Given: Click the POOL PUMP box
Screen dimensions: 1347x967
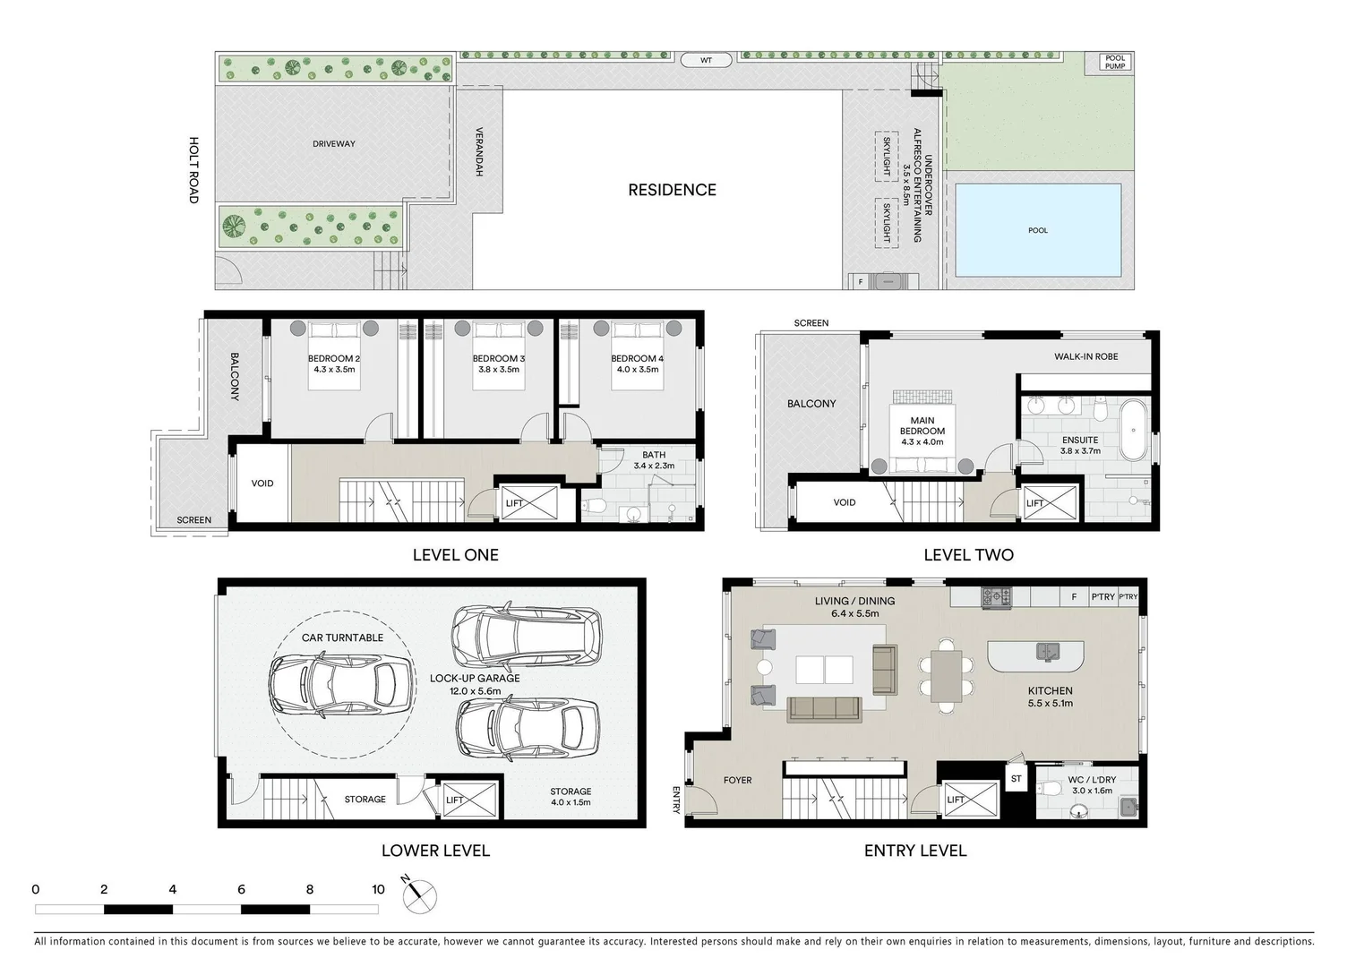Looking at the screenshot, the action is pyautogui.click(x=1115, y=62).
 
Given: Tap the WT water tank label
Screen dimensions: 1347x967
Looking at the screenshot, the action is pyautogui.click(x=706, y=60).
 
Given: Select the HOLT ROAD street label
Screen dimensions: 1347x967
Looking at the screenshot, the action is pyautogui.click(x=193, y=170).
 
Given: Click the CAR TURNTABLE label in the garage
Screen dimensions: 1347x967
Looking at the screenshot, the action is pyautogui.click(x=342, y=638).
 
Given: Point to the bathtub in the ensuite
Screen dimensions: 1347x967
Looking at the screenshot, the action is pyautogui.click(x=1134, y=431).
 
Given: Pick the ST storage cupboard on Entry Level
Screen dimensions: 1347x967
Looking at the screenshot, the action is pyautogui.click(x=1017, y=779).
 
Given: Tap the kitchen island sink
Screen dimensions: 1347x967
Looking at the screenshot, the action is pyautogui.click(x=1048, y=652).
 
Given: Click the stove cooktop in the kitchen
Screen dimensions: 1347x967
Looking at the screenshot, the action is pyautogui.click(x=997, y=597).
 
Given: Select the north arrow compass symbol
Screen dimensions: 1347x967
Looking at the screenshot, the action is pyautogui.click(x=418, y=896).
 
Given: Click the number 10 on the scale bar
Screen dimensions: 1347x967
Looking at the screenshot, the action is pyautogui.click(x=378, y=889).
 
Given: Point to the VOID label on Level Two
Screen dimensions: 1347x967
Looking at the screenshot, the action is pyautogui.click(x=845, y=502).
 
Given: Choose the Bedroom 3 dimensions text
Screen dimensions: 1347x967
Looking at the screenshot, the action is pyautogui.click(x=499, y=370).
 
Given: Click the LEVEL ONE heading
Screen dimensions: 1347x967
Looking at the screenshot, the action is pyautogui.click(x=455, y=555).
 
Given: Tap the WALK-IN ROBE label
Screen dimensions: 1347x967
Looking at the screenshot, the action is pyautogui.click(x=1086, y=356).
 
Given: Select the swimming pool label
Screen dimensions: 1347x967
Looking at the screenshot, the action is pyautogui.click(x=1038, y=230).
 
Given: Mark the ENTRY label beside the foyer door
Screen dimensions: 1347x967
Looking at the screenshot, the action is pyautogui.click(x=676, y=800).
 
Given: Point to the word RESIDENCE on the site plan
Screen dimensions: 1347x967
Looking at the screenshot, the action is pyautogui.click(x=672, y=190).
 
